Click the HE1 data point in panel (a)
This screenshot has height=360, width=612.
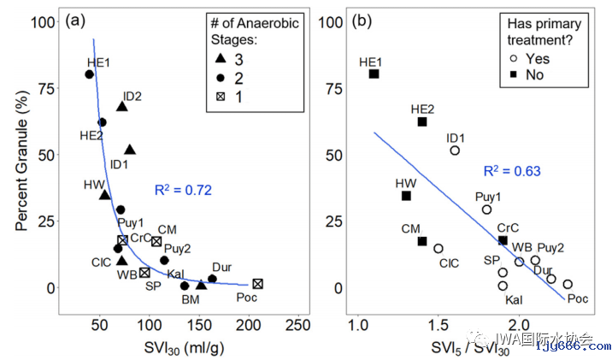(x=89, y=74)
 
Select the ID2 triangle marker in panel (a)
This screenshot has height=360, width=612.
(x=122, y=106)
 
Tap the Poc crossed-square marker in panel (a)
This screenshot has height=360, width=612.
(x=257, y=284)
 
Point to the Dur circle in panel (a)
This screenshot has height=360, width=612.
(x=212, y=279)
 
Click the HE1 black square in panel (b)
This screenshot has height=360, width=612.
(x=374, y=74)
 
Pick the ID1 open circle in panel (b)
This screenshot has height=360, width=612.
(x=455, y=150)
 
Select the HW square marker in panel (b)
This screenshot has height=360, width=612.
(x=406, y=196)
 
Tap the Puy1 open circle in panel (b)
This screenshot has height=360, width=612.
(x=486, y=210)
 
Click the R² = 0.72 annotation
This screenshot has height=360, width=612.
(x=183, y=190)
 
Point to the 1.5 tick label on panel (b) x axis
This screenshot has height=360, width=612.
(x=438, y=325)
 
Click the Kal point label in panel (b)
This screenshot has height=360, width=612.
(x=514, y=299)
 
